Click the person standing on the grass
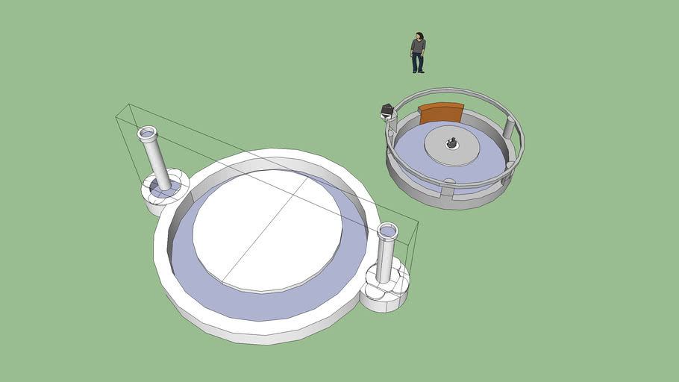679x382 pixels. (418, 52)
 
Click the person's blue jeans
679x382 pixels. (418, 63)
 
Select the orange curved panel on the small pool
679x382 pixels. (441, 113)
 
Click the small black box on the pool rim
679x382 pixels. (387, 111)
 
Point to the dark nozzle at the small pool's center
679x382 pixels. (451, 143)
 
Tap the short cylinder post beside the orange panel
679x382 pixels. (509, 128)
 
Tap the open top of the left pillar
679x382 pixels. (147, 134)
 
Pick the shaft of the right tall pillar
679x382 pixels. (386, 258)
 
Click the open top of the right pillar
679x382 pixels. (388, 228)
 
